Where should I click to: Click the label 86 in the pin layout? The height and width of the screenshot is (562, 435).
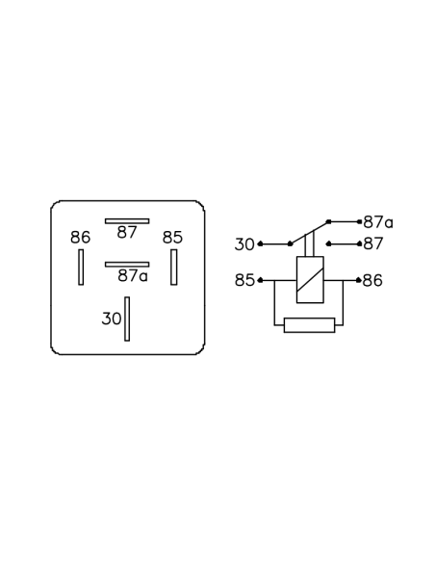[x=80, y=238]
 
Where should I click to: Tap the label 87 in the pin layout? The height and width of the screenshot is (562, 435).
[x=127, y=233]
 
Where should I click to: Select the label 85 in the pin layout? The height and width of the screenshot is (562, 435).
[x=172, y=238]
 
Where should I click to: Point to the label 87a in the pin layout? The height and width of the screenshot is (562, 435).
[x=133, y=275]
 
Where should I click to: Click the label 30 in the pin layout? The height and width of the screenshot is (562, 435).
[x=112, y=319]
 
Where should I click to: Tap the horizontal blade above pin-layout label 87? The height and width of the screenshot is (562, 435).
[x=127, y=221]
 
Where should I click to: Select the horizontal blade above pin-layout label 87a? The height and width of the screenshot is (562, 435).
[x=127, y=264]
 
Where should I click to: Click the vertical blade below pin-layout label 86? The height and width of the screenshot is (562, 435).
[x=81, y=267]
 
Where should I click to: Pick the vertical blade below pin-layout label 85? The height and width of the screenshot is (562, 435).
[x=174, y=267]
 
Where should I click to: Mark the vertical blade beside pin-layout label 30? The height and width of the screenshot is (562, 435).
[x=127, y=319]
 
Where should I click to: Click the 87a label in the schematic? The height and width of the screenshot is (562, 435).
[x=378, y=222]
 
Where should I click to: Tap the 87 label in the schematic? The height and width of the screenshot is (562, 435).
[x=373, y=243]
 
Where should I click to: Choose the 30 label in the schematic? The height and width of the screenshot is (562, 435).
[x=244, y=244]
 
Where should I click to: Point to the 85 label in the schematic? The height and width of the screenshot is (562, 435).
[x=244, y=280]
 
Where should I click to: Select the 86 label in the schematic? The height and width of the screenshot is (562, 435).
[x=372, y=280]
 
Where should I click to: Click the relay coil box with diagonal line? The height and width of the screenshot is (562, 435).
[x=310, y=280]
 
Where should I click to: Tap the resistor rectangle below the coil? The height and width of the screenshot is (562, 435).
[x=310, y=325]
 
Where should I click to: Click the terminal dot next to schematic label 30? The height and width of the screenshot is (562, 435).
[x=260, y=244]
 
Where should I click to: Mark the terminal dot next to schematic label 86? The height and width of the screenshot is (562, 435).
[x=358, y=280]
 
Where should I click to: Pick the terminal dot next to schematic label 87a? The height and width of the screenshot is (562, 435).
[x=359, y=222]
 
